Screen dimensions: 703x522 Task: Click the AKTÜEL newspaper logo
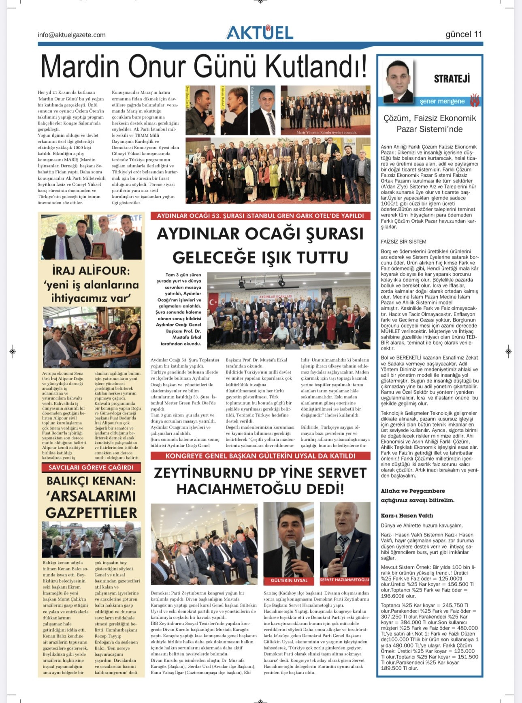tap(260, 33)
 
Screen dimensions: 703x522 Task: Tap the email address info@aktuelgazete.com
tap(72, 35)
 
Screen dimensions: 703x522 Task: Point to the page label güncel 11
tap(464, 34)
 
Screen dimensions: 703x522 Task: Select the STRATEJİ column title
tap(452, 79)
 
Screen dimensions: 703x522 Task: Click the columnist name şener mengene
tap(442, 101)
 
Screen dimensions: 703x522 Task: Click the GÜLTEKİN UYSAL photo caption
tap(289, 580)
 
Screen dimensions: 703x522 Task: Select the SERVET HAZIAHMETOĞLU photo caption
tap(345, 580)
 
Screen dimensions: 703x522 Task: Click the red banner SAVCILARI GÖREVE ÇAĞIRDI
tap(91, 467)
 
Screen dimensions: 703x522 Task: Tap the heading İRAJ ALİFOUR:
tap(91, 270)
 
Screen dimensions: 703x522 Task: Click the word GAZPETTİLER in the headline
tap(92, 512)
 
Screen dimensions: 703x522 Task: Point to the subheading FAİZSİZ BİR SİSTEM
tap(403, 242)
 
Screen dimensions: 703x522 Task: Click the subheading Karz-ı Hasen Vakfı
tap(407, 516)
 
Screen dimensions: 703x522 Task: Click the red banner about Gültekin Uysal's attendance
tap(260, 456)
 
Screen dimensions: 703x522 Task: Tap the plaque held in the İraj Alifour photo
tap(97, 250)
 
